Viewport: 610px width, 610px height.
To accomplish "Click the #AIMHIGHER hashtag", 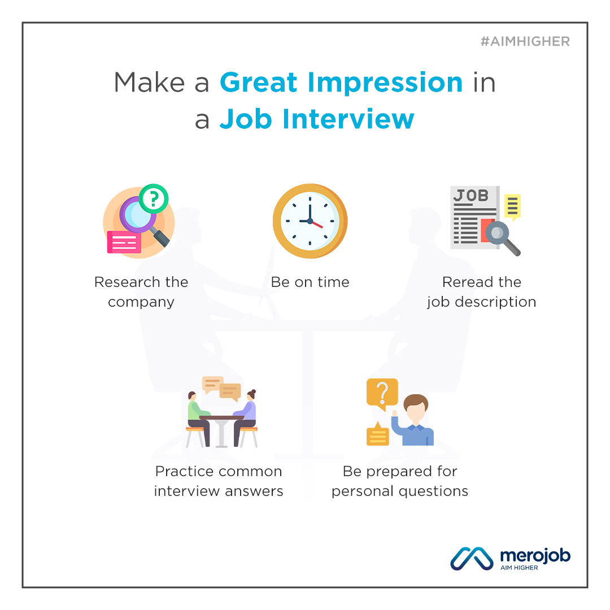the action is [525, 41].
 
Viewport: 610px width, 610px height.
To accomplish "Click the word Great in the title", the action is [259, 82].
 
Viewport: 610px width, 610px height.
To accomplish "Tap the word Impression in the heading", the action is [385, 83].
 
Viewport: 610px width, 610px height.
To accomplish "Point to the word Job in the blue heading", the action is [246, 119].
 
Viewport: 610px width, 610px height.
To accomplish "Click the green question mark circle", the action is [154, 198].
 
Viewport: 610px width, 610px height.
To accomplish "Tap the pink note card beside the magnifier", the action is [124, 242].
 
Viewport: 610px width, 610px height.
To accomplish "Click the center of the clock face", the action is [310, 221].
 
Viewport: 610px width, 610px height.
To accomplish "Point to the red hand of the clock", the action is [317, 224].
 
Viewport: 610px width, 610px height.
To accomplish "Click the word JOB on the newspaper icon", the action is [470, 195].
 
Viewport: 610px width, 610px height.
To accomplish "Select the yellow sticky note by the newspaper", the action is [512, 207].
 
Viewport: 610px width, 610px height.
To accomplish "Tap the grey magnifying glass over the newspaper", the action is [503, 238].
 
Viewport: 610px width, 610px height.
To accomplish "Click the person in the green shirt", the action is [198, 418].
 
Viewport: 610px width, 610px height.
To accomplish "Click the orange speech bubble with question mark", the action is [382, 394].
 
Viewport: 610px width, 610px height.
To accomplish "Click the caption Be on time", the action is [310, 282].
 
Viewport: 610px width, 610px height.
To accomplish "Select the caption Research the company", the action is [141, 292].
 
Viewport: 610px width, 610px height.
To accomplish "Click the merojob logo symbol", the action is [472, 559].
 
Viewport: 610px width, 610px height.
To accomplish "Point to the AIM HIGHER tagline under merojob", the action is [519, 568].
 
